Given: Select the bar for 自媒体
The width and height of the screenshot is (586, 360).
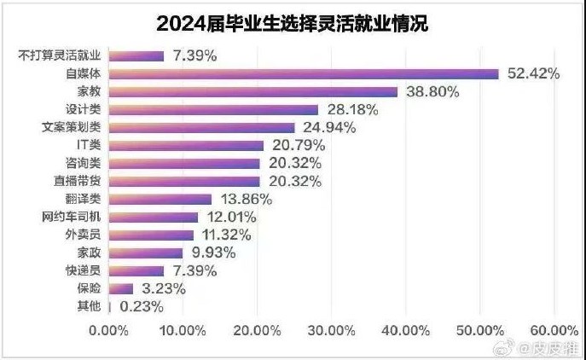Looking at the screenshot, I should click(303, 73).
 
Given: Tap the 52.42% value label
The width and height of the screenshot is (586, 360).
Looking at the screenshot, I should click(533, 73).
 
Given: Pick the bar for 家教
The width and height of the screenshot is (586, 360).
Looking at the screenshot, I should click(252, 91).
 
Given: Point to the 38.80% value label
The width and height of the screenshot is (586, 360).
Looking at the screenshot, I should click(432, 91).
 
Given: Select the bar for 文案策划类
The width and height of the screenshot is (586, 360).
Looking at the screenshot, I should click(200, 127).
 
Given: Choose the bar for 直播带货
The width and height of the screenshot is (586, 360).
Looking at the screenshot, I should click(183, 181).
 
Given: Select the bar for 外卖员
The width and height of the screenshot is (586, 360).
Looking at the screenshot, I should click(149, 235).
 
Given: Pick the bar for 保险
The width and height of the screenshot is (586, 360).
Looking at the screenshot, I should click(119, 288).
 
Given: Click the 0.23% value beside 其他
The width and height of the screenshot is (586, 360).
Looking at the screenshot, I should click(142, 306).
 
